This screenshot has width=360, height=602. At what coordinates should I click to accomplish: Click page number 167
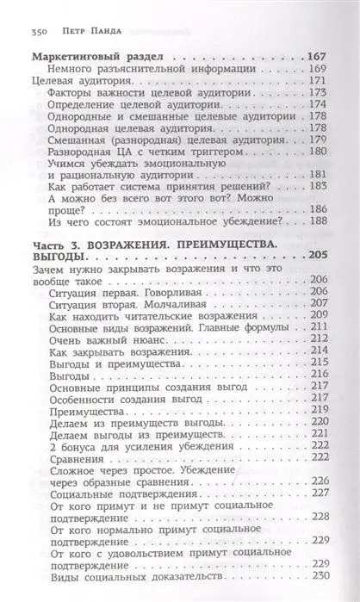[x=318, y=56]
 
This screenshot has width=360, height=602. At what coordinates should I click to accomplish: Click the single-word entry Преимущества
[x=85, y=412]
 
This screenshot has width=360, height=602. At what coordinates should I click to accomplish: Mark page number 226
[x=319, y=480]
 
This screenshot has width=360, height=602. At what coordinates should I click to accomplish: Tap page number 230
[x=319, y=576]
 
